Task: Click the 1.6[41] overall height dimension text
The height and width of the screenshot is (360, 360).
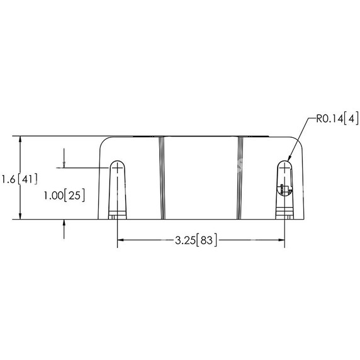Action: [x=20, y=179]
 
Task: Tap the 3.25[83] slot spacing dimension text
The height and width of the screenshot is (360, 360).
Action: [x=196, y=240]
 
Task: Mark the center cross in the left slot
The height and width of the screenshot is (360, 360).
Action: [x=117, y=168]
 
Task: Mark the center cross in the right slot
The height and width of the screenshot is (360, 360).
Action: [x=284, y=168]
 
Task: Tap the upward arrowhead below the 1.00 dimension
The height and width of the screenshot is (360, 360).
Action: [x=65, y=224]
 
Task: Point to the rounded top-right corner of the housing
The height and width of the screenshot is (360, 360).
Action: [x=298, y=141]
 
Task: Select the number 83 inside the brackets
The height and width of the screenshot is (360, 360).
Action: [x=207, y=240]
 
